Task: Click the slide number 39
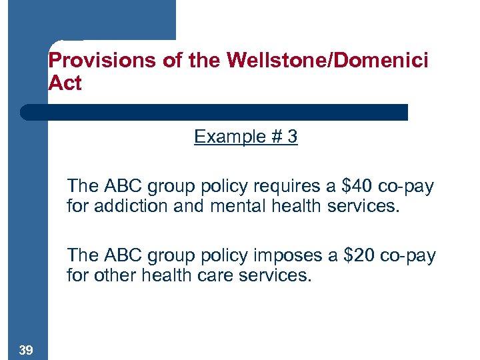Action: point(27,350)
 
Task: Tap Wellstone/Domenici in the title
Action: point(327,61)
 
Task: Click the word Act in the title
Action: point(65,83)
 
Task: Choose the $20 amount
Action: point(358,255)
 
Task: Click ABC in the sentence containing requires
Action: point(121,186)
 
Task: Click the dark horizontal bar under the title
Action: point(213,112)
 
